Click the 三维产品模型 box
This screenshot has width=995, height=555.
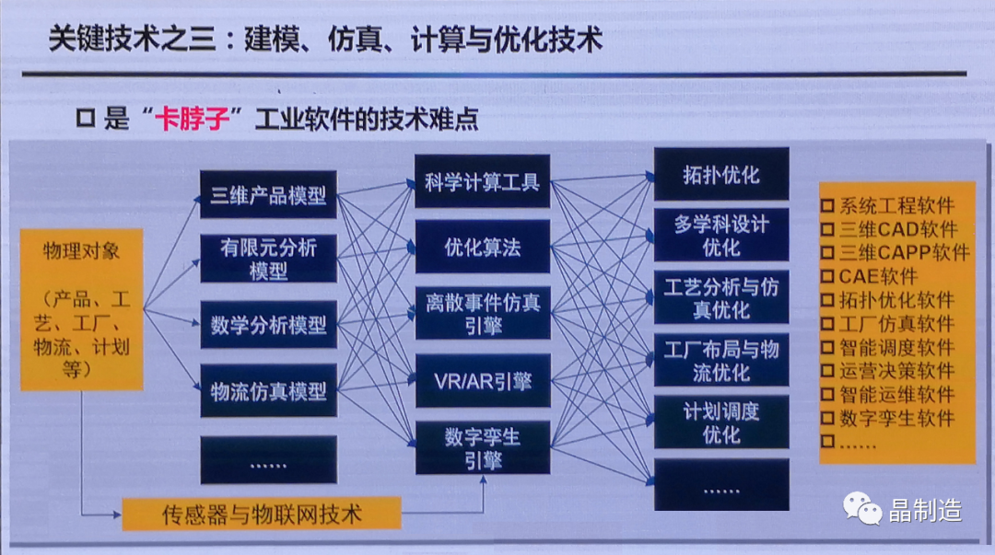click(x=268, y=195)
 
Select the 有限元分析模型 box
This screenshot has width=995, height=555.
click(x=267, y=259)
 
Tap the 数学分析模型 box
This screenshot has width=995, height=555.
click(x=268, y=325)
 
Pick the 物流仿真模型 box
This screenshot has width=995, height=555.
click(x=268, y=390)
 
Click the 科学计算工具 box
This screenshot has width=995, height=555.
click(x=482, y=181)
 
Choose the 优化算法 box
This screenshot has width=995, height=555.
click(x=482, y=247)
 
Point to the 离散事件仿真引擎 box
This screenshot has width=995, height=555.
click(x=482, y=313)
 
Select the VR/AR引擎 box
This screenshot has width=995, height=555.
click(x=482, y=381)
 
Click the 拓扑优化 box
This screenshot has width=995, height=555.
click(x=721, y=174)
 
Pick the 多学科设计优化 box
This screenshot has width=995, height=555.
click(x=721, y=236)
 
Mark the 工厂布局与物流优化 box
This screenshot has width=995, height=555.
click(x=721, y=360)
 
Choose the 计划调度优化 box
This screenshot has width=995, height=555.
click(x=721, y=422)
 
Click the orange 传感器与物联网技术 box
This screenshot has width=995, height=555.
click(x=262, y=513)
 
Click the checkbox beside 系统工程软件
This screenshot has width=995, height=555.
click(x=827, y=206)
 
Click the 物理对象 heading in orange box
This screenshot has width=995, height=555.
click(x=81, y=251)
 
